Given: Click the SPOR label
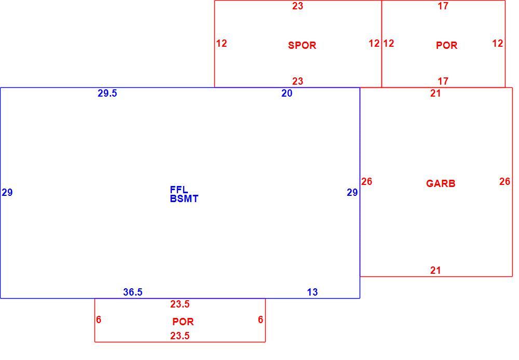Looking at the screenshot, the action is click(x=302, y=45).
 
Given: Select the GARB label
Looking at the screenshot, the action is click(x=441, y=183).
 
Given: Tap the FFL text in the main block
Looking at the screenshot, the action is click(x=179, y=190).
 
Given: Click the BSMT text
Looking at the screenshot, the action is click(x=184, y=199).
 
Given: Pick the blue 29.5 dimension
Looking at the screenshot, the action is click(x=107, y=94).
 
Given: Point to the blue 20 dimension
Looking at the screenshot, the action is click(x=287, y=94).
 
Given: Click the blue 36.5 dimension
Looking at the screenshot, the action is click(x=133, y=292).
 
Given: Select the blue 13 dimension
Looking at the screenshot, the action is click(x=312, y=292).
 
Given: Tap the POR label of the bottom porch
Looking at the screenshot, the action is click(x=183, y=322).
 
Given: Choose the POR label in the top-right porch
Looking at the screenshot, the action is click(x=446, y=45).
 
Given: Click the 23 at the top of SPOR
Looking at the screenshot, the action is click(x=297, y=6).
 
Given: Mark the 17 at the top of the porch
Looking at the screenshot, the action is click(x=443, y=6).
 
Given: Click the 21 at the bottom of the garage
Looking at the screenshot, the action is click(x=435, y=271).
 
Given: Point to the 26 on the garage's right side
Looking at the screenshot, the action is click(x=505, y=181).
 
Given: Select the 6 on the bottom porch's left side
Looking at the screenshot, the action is click(x=99, y=319).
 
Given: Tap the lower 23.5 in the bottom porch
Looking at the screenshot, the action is click(x=180, y=336).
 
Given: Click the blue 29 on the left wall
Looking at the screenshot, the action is click(x=7, y=192).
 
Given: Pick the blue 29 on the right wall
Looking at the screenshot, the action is click(x=352, y=192).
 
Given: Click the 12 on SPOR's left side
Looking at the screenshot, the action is click(x=222, y=44).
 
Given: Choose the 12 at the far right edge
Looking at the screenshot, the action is click(x=498, y=44).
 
